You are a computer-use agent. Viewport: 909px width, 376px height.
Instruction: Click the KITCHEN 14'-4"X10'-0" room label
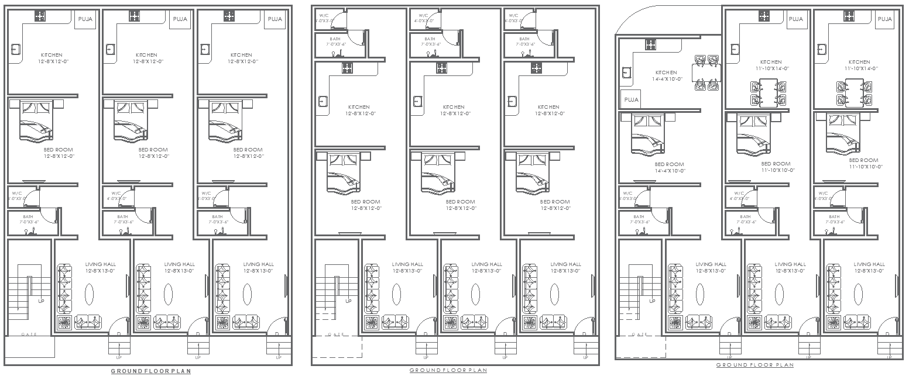click(668, 75)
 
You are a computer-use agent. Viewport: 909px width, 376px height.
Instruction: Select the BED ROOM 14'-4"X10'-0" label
click(669, 168)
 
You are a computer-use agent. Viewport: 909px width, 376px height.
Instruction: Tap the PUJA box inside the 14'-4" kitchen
click(631, 100)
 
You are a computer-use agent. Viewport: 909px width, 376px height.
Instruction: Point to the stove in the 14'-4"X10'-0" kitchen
click(650, 44)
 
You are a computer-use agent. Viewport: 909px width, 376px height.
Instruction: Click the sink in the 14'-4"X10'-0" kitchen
click(626, 73)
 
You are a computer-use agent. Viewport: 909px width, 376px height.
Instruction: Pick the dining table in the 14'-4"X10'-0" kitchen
click(706, 73)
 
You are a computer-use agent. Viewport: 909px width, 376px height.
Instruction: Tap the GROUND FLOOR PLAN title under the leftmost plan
click(150, 371)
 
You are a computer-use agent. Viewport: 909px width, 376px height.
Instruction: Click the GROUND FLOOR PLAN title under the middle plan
click(448, 370)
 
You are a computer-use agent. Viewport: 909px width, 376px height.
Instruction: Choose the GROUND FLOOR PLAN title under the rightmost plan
click(755, 365)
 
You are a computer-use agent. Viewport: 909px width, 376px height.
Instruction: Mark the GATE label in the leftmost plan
click(30, 334)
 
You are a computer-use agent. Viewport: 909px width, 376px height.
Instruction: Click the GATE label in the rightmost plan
click(640, 334)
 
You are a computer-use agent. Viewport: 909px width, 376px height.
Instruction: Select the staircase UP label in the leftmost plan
click(41, 301)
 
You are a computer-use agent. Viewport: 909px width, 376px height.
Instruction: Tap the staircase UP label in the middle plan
click(348, 301)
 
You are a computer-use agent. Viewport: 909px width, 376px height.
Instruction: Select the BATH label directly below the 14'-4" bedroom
click(636, 219)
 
